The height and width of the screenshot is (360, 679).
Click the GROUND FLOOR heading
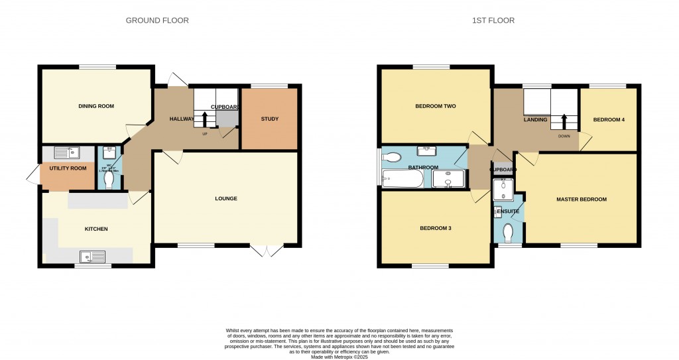coord(157,21)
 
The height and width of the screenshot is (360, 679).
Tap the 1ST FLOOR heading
coord(493,21)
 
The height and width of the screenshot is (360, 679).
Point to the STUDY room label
coord(269,119)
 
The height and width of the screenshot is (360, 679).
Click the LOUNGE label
coord(226,198)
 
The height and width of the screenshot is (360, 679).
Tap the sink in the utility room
coord(66,152)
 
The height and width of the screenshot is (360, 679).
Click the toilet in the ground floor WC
coord(109,180)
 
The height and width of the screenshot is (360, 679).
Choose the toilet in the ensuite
coord(509,233)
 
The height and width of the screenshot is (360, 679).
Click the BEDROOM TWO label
coord(435,106)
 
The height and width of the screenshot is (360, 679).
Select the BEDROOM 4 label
coord(609,120)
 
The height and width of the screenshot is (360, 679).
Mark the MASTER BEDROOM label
coord(581,199)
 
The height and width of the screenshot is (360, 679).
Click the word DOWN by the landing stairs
coord(564,136)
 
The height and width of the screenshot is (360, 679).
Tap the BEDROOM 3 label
coord(436,228)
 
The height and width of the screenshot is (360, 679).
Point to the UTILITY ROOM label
coord(68,168)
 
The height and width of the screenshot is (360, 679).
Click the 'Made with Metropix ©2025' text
coord(339,357)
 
